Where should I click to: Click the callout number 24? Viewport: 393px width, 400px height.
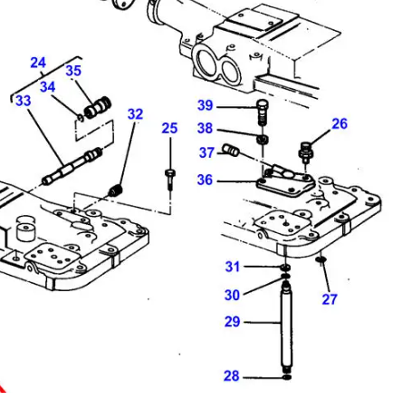pos(37,63)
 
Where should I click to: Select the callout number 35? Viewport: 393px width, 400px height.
pos(73,70)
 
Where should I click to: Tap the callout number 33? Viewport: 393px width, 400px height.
pos(23,101)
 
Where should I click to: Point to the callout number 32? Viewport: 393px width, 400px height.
pos(135,114)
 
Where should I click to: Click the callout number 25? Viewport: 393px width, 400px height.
pos(169,129)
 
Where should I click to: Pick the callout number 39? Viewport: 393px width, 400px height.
pos(206,105)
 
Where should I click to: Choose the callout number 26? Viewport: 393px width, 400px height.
pos(339,123)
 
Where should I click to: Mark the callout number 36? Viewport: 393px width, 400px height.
pos(206,180)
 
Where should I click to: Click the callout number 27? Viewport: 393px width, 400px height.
pos(330,298)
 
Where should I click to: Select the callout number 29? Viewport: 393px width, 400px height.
pos(233,321)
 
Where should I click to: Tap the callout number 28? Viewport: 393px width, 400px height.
pos(233,376)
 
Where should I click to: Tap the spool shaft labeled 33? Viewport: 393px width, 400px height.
pos(72,166)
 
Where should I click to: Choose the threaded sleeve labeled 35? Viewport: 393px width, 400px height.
pos(94,109)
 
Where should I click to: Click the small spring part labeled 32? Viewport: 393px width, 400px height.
pos(115,190)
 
